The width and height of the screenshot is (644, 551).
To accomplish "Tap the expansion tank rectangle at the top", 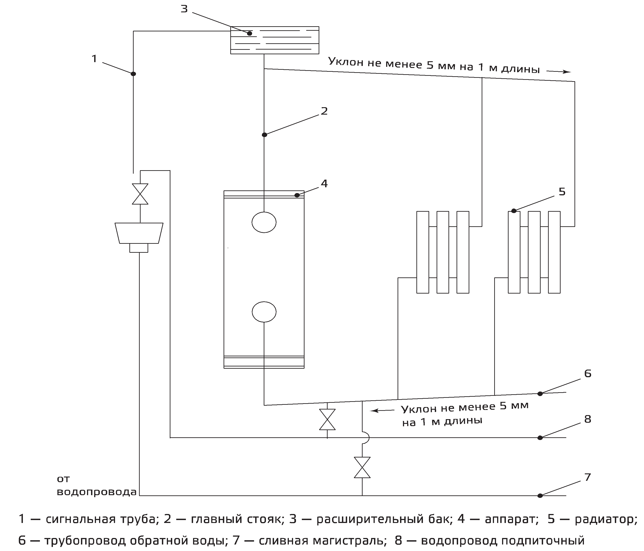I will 274,40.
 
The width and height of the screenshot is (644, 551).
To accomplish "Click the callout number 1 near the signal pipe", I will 94,59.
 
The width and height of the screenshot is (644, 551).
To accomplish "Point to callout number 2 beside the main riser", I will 324,111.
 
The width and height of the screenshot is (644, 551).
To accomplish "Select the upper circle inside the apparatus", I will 264,222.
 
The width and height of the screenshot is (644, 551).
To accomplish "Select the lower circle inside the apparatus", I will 264,312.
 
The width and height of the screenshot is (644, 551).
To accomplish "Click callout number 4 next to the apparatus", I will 324,184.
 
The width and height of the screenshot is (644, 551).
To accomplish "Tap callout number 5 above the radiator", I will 562,192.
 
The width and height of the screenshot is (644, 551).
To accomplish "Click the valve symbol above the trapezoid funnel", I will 140,194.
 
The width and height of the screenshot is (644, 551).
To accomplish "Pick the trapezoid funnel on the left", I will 139,233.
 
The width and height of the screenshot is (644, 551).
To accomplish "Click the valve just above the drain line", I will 362,467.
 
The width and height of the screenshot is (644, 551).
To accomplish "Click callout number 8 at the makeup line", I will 587,419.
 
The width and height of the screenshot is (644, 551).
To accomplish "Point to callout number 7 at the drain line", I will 587,477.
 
